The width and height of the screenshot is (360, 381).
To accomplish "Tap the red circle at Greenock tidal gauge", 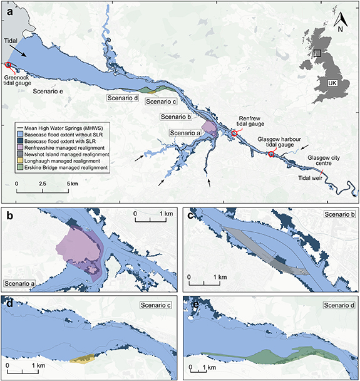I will [x=8, y=65].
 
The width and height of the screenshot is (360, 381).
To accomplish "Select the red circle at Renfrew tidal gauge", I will [x=235, y=133].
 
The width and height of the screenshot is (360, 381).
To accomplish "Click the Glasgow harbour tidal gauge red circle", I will [x=271, y=154].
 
